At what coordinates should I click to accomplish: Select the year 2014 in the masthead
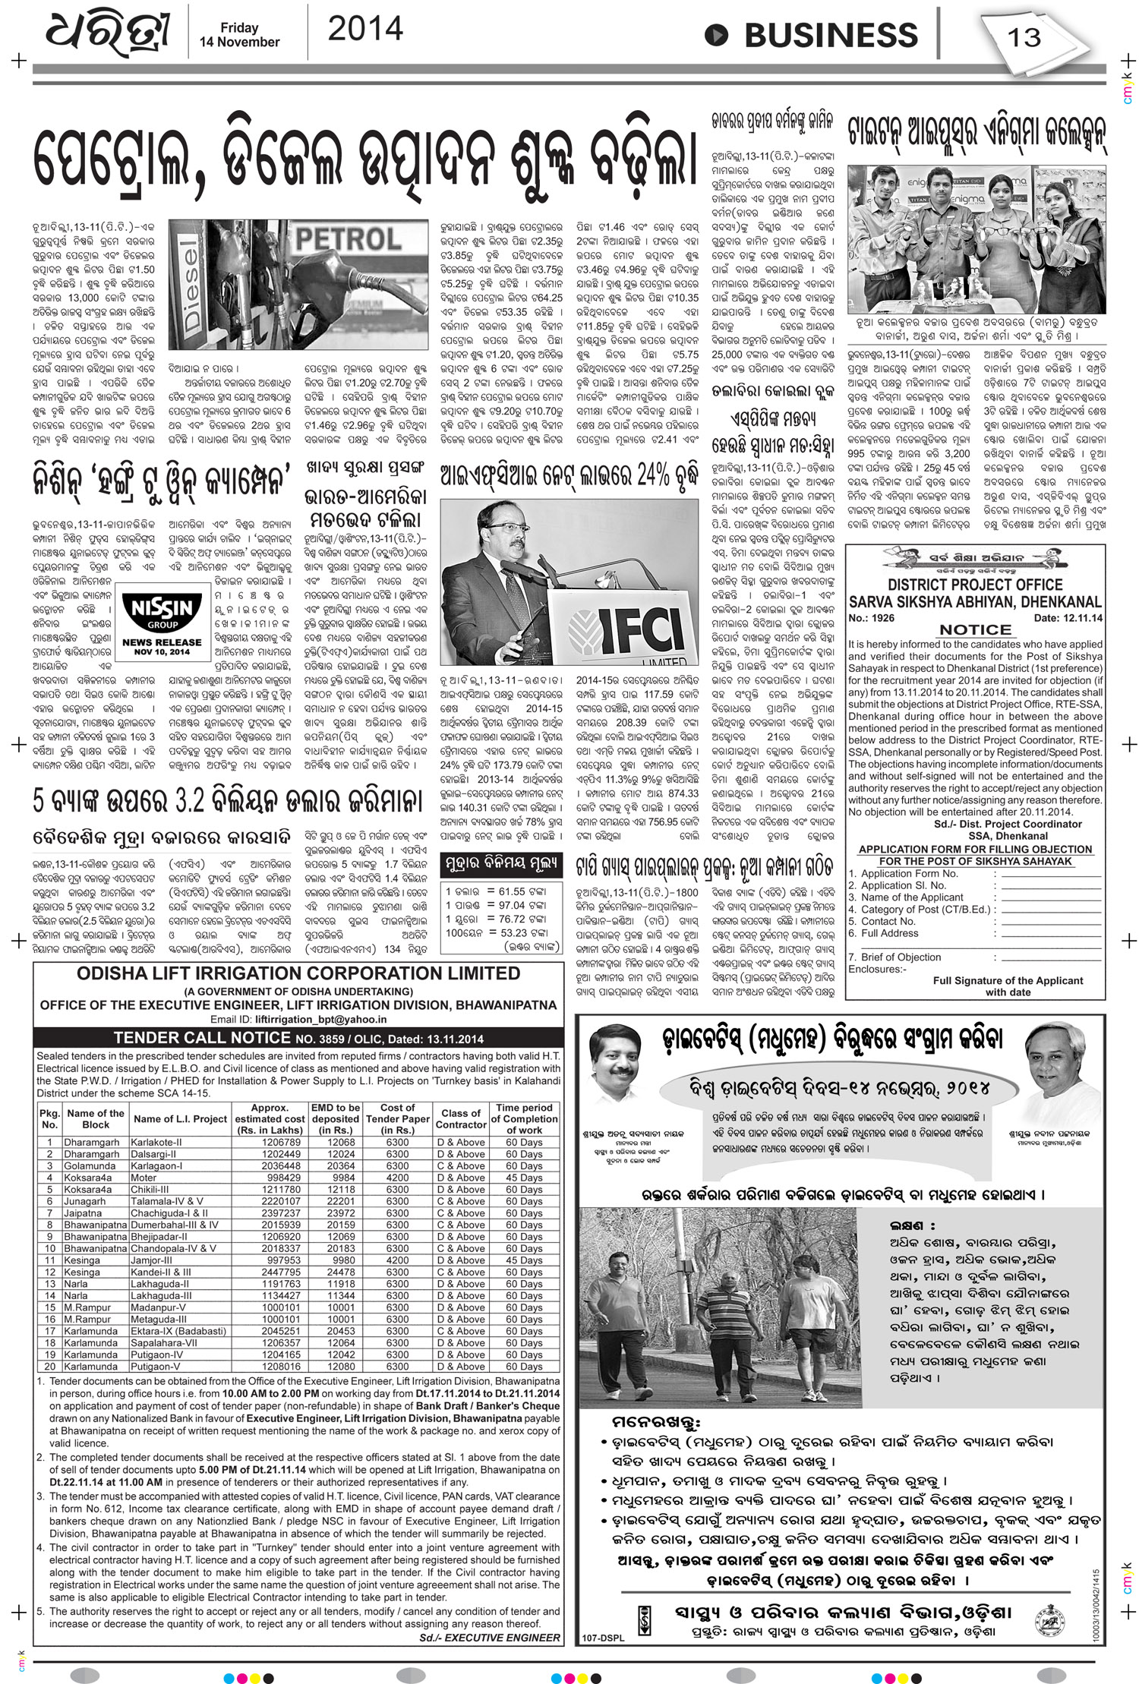click(x=364, y=29)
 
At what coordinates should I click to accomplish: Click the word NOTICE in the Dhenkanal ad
click(x=976, y=629)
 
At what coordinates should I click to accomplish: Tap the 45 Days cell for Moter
click(x=524, y=1178)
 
